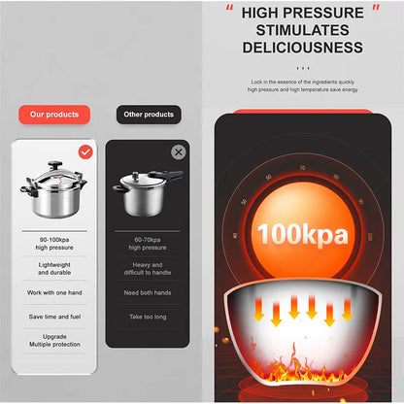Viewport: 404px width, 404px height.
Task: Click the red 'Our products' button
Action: [54, 114]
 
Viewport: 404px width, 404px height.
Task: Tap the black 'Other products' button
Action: [149, 114]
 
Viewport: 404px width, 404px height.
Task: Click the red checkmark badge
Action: [85, 151]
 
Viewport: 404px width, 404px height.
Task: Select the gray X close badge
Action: [179, 151]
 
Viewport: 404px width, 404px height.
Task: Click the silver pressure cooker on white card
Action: [55, 190]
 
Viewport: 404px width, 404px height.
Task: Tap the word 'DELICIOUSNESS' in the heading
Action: [303, 48]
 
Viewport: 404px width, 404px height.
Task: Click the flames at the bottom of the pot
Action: [303, 374]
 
